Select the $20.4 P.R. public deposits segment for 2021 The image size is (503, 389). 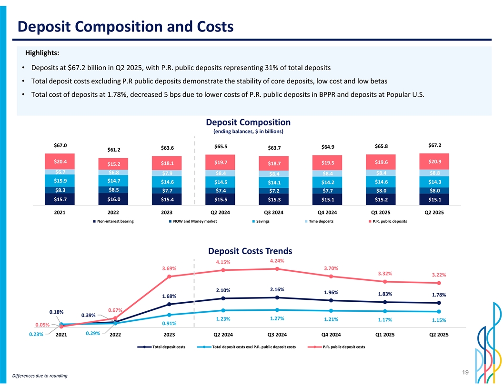point(60,161)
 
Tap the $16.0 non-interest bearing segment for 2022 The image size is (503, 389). point(113,199)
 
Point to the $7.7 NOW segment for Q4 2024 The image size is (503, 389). point(328,191)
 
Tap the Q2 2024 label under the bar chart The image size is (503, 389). point(221,212)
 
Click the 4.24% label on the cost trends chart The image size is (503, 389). point(277,261)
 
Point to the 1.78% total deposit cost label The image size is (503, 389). point(439,295)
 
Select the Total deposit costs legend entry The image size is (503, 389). point(164,347)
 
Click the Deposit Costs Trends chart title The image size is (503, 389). point(250,251)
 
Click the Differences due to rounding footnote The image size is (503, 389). point(40,376)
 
